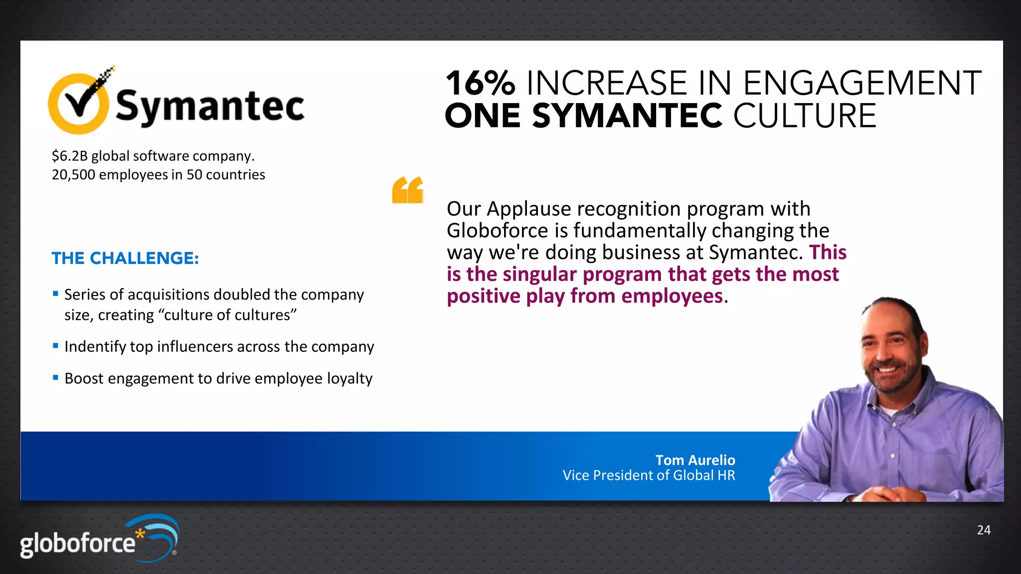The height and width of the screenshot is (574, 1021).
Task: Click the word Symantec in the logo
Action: [210, 106]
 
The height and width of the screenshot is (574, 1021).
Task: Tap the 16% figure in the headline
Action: [480, 83]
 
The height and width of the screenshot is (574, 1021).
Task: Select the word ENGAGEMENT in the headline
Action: [862, 83]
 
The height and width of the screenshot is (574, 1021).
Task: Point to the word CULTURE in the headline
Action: [804, 116]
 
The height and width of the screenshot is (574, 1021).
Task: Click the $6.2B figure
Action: [69, 156]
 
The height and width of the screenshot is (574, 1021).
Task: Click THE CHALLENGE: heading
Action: [125, 258]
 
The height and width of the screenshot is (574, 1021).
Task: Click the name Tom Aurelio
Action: [695, 460]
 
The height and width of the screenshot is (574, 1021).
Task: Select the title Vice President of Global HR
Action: [649, 475]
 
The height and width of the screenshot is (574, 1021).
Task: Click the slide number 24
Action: [984, 530]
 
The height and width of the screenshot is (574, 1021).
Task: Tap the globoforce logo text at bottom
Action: [78, 543]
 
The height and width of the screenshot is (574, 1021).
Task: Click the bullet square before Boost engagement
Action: [56, 378]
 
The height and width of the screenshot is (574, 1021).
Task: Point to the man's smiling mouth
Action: [887, 370]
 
